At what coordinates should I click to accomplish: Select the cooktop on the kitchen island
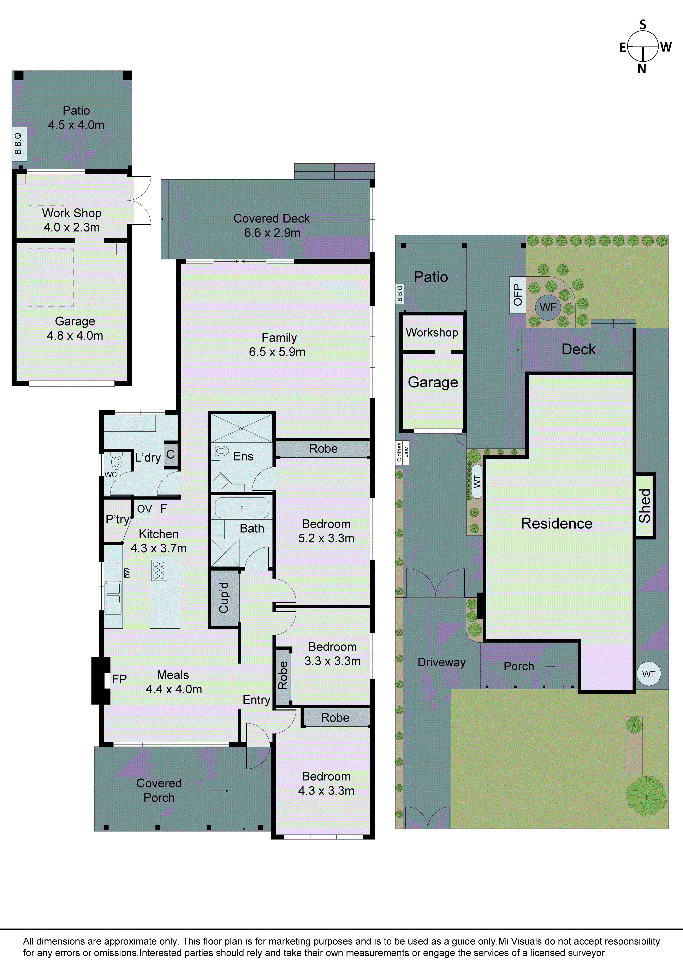click(159, 570)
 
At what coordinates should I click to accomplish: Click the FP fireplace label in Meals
click(119, 679)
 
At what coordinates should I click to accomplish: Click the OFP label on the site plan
click(517, 295)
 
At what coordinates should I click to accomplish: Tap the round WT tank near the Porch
click(648, 674)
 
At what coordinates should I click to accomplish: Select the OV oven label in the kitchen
click(144, 509)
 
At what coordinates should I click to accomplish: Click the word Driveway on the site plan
click(441, 662)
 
